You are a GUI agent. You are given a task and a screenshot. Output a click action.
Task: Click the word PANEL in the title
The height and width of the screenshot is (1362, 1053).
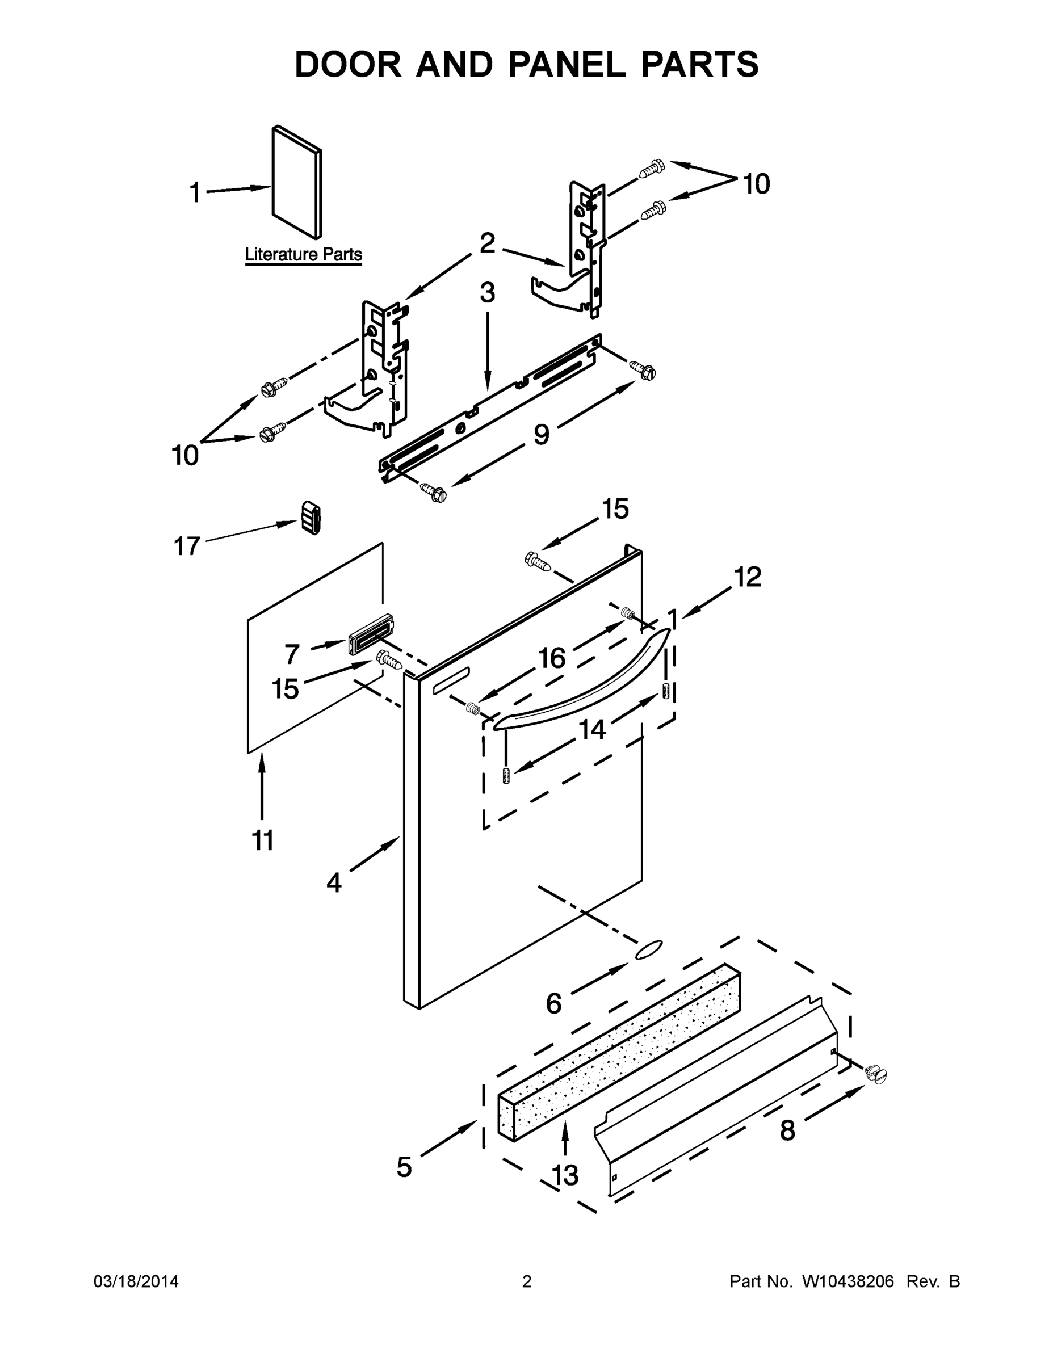[x=567, y=64]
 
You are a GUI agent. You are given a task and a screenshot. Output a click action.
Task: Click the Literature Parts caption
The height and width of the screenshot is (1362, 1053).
[x=303, y=254]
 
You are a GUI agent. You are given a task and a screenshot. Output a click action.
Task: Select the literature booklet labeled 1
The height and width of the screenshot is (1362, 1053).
[x=297, y=182]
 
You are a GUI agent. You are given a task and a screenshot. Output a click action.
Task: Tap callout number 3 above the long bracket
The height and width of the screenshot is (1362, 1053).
[x=487, y=292]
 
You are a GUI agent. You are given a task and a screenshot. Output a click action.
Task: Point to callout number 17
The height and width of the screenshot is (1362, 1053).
[x=187, y=547]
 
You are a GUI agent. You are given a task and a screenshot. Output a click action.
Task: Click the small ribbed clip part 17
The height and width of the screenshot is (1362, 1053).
[x=312, y=517]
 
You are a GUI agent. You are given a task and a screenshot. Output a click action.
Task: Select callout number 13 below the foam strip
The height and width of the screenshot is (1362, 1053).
[x=565, y=1175]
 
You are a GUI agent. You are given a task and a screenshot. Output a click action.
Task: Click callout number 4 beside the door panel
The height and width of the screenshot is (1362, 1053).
[x=334, y=882]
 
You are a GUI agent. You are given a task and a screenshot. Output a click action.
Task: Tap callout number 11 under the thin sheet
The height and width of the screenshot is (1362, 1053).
[x=263, y=840]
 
